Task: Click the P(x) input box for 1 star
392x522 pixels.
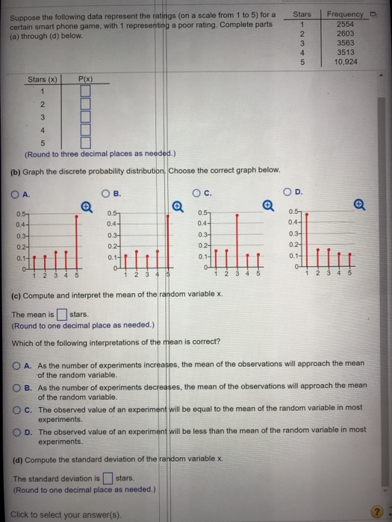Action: [84, 92]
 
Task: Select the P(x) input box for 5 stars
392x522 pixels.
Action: [84, 142]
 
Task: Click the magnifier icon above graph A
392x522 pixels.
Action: [87, 205]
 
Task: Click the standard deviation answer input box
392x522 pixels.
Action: [108, 478]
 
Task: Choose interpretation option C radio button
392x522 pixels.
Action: [16, 409]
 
